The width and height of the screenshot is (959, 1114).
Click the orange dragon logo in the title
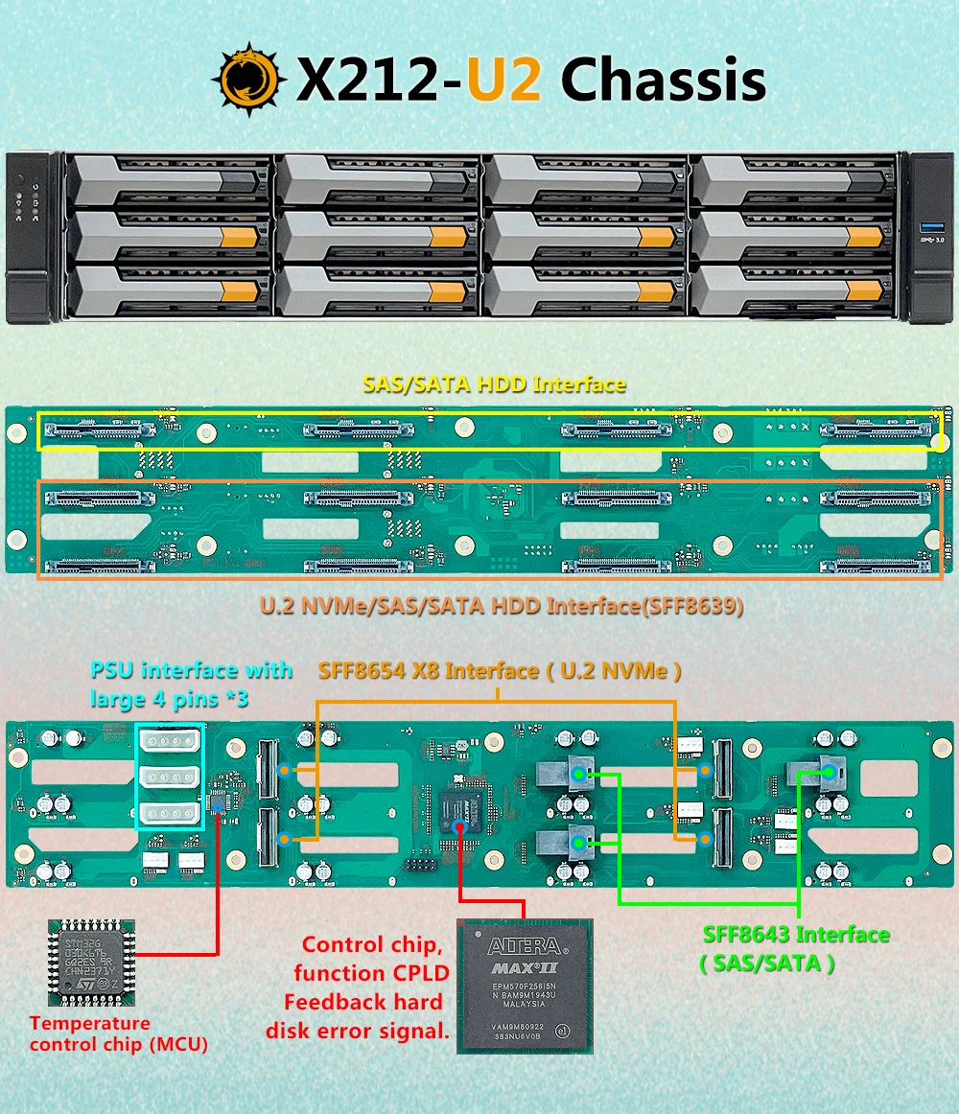248,78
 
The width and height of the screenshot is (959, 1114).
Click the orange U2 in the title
504,79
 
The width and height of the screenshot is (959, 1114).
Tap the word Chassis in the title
664,79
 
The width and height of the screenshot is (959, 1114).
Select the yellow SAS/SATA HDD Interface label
494,384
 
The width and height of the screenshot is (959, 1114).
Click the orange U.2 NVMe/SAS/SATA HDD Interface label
502,606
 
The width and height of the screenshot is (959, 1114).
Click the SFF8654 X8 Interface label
500,671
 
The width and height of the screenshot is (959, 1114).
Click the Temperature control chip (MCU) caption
118,1033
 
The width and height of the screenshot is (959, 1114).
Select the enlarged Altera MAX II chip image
525,985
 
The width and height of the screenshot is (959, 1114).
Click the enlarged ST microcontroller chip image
91,963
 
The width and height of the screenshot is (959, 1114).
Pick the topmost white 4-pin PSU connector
171,741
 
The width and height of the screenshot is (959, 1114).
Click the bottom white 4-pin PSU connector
171,814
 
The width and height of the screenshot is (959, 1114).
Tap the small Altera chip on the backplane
463,808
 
